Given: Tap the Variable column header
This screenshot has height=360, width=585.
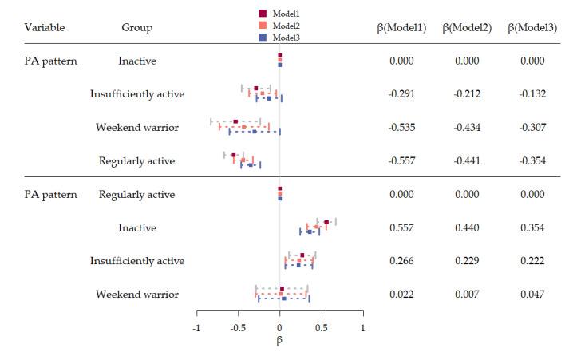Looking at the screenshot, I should point(45,27).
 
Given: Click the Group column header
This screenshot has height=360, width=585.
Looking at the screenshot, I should point(136,27).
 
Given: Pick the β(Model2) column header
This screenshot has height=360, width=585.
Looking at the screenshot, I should point(468,27).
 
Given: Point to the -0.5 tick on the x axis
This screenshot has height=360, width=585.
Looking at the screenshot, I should point(238,328).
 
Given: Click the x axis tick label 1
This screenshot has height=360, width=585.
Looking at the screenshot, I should point(362,328).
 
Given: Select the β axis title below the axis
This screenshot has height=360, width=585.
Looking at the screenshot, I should point(279,341).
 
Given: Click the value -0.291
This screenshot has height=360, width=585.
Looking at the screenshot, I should point(401,94).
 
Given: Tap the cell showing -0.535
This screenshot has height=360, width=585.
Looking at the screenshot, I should point(401,128).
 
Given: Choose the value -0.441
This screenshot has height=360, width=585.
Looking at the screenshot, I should point(468,161).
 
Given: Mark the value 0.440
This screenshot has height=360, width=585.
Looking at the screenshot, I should point(468,227).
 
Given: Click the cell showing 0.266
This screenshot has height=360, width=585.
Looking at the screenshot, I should point(401,261).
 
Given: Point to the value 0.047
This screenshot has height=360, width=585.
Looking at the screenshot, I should point(532,295).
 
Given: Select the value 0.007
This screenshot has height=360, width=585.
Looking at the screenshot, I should point(468,295).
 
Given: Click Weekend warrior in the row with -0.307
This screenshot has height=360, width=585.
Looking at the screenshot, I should point(136,128).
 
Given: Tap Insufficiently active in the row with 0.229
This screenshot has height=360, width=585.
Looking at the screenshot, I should point(136,261).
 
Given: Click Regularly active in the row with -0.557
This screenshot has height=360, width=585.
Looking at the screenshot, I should point(136,161).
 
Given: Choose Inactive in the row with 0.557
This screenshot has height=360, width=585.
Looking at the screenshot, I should point(136,227).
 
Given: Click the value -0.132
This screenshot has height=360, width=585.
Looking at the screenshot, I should point(532,94).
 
